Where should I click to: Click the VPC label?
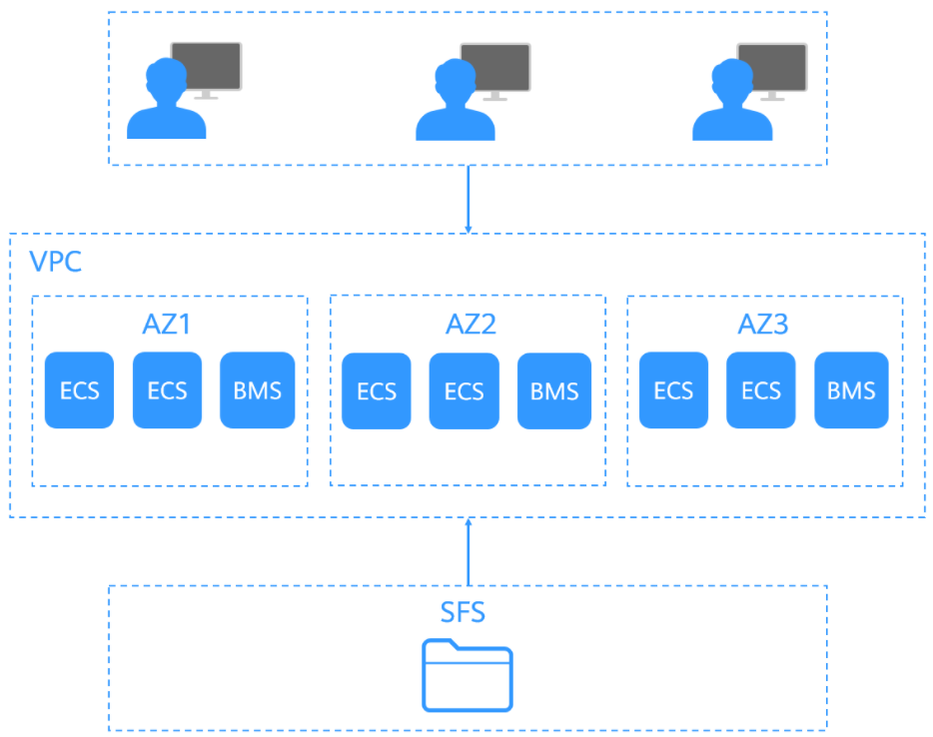pos(55,262)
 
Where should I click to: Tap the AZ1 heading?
pos(167,325)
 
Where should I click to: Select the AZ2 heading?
pos(470,325)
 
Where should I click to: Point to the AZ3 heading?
pos(763,325)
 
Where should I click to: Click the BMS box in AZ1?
pos(257,390)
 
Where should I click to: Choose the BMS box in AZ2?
pos(554,390)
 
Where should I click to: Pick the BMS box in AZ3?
pos(851,390)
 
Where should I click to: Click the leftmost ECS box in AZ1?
pos(79,390)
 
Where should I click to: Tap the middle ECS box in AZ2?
pos(465,390)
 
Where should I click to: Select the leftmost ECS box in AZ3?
pos(673,390)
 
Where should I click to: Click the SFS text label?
pos(463,612)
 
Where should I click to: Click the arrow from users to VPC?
pos(468,200)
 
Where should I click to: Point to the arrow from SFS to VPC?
pos(468,552)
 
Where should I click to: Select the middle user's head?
pos(456,80)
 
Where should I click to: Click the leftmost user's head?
pos(166,79)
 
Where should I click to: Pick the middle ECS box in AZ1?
pos(167,390)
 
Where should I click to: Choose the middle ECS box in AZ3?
pos(761,390)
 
